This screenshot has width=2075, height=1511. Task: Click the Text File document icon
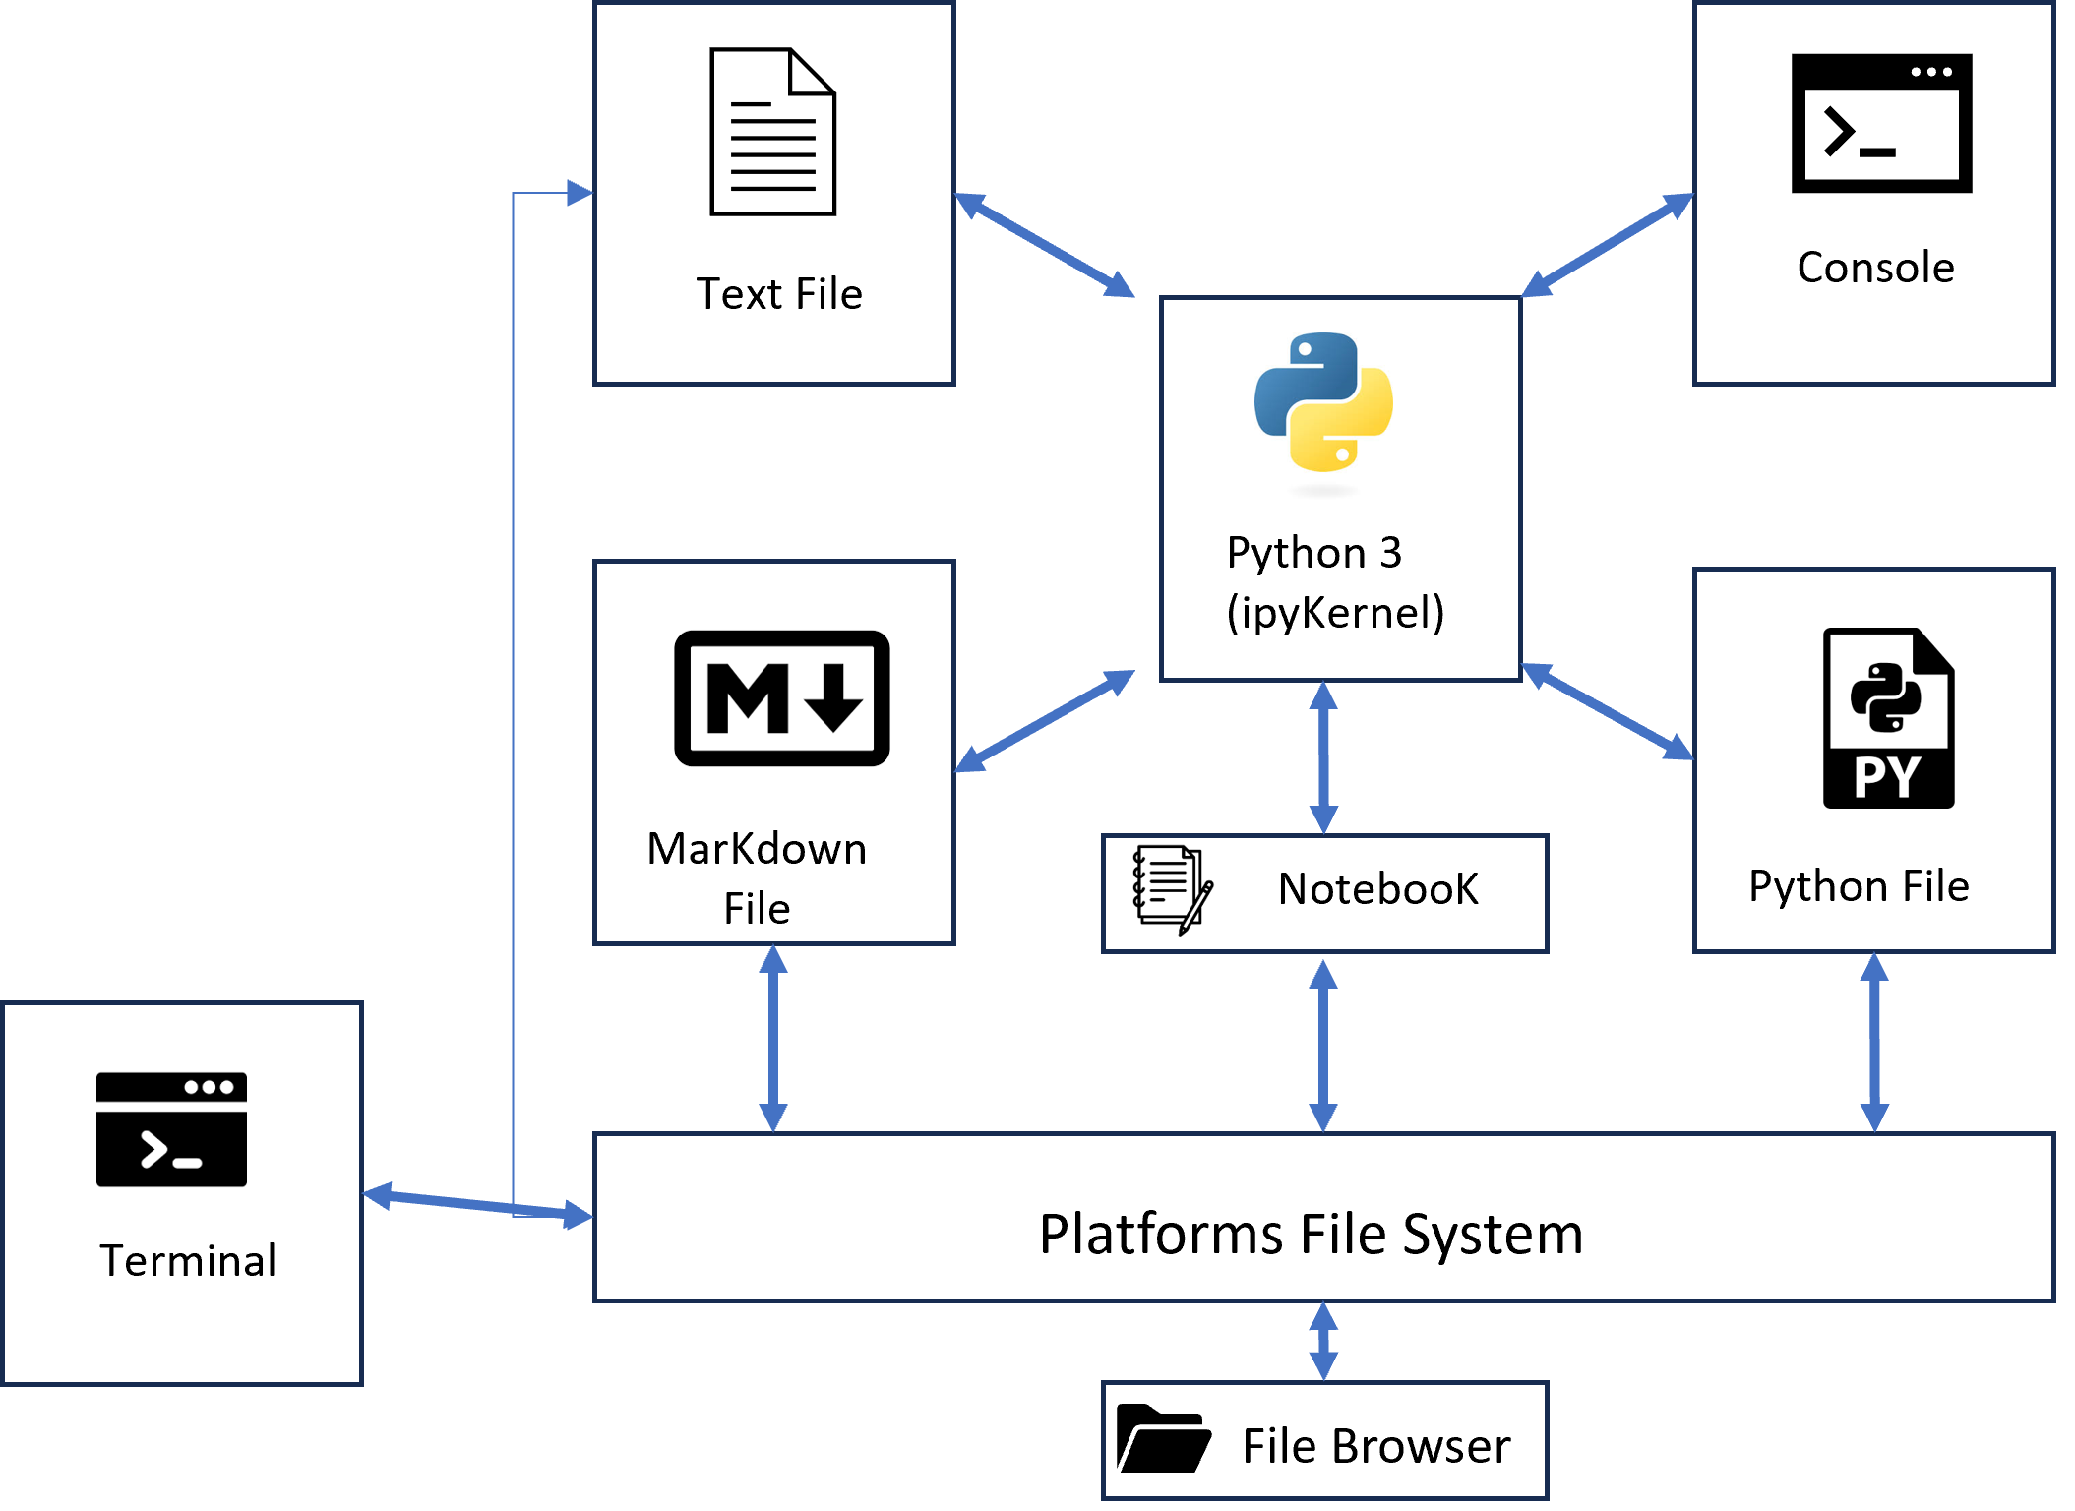tap(773, 132)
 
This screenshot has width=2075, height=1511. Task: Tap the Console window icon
tap(1881, 123)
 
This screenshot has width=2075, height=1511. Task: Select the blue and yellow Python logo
tap(1323, 402)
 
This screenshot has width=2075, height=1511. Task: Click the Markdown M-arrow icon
tap(782, 698)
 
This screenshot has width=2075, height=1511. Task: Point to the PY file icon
tap(1888, 719)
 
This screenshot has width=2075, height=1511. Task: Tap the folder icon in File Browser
tap(1163, 1440)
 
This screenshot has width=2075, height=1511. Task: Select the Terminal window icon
tap(171, 1129)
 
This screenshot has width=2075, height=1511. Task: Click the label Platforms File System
tap(1311, 1234)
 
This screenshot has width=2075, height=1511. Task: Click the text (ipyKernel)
tap(1335, 612)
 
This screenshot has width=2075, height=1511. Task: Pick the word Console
tap(1875, 268)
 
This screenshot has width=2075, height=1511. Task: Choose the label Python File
tap(1859, 886)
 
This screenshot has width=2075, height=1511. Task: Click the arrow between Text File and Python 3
tap(1045, 245)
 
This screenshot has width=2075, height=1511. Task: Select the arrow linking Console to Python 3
tap(1608, 245)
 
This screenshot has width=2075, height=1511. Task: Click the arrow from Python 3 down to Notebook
tap(1323, 757)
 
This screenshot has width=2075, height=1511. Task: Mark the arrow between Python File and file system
tap(1874, 1043)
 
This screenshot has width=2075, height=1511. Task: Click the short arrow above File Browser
tap(1323, 1342)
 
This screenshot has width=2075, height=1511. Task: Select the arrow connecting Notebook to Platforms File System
tap(1323, 1045)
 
